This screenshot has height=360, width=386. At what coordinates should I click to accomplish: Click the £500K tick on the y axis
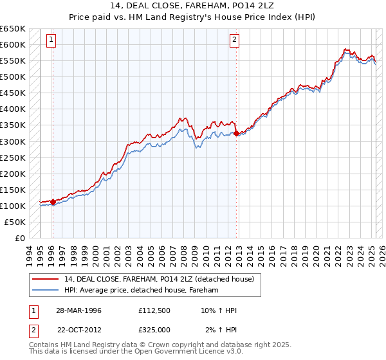(13, 76)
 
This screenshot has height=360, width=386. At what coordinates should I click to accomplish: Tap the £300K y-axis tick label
(13, 141)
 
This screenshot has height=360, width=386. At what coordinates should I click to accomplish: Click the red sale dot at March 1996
(53, 202)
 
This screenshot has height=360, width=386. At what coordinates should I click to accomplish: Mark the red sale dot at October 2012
(237, 134)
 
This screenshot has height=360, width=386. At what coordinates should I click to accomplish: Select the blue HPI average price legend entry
(142, 290)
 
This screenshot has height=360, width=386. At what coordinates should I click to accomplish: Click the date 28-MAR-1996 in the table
(78, 310)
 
